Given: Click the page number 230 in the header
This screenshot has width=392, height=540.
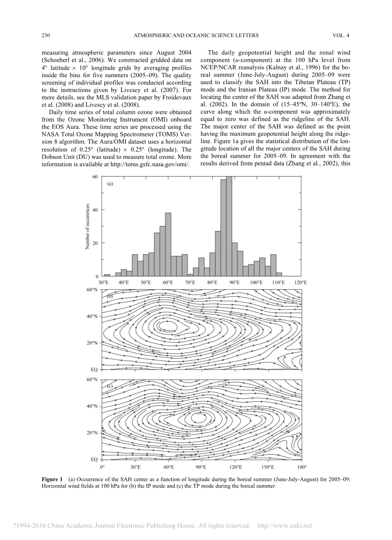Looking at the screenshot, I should point(46,36).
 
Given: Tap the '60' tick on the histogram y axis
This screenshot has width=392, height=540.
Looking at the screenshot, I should point(95,177).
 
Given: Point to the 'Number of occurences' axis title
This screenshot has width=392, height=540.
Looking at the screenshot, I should point(87,226).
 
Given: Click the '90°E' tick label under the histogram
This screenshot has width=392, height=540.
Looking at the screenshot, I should point(234,283).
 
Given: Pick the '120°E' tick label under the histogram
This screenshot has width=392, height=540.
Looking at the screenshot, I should point(300,283).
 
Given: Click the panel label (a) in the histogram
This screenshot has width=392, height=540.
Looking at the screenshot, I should point(110,184).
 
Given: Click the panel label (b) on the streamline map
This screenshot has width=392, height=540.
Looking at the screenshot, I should point(110,296).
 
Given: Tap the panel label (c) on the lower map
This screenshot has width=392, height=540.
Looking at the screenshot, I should point(110,386).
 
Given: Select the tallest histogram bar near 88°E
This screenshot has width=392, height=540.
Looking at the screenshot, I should point(229,227).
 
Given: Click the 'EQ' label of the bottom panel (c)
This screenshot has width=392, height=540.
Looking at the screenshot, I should point(94,459).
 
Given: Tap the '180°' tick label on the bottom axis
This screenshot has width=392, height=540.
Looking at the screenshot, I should point(302,467).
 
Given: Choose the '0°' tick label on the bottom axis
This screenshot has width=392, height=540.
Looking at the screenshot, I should point(102,467).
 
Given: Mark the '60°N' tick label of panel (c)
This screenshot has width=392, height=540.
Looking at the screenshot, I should point(92,379).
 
